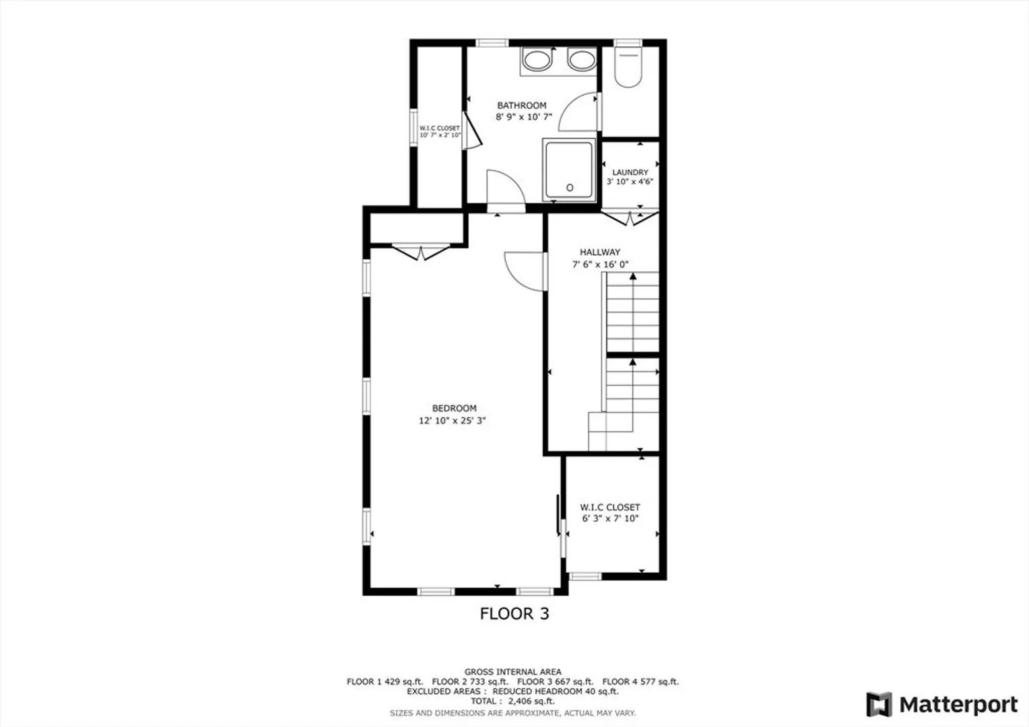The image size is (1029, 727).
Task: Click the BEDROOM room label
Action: click(x=454, y=409)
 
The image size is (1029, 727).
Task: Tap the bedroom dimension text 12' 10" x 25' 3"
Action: click(x=452, y=420)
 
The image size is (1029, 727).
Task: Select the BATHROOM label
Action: click(x=522, y=105)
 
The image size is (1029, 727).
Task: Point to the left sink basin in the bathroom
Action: click(x=537, y=60)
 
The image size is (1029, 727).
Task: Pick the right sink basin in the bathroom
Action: click(x=582, y=60)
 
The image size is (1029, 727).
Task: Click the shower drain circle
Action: click(x=570, y=187)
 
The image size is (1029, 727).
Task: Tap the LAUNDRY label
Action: click(x=630, y=172)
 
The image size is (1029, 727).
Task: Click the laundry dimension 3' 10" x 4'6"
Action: click(x=630, y=181)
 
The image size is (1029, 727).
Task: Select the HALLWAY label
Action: click(x=600, y=252)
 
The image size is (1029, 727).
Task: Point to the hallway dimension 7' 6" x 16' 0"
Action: click(x=600, y=264)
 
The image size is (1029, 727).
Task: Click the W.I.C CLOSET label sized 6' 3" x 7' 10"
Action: click(x=610, y=508)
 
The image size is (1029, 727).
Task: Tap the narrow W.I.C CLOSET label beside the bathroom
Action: click(x=440, y=128)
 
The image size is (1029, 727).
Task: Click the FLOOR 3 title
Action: click(x=514, y=613)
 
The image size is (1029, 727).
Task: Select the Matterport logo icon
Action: click(x=879, y=704)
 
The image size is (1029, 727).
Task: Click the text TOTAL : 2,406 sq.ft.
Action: click(x=512, y=701)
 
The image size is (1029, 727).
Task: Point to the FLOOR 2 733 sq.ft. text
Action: click(x=470, y=681)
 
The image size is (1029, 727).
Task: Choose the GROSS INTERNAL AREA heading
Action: click(x=512, y=671)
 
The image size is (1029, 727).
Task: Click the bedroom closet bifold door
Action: click(x=421, y=252)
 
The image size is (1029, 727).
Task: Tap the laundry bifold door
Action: click(x=630, y=218)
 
